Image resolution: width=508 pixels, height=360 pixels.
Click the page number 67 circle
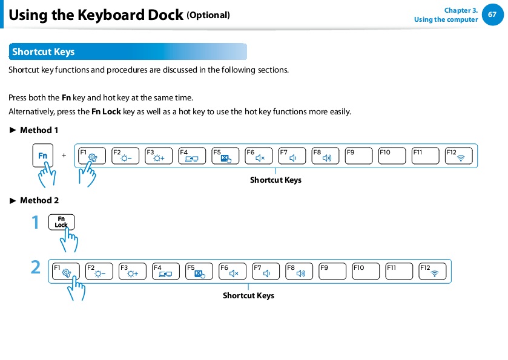point(492,15)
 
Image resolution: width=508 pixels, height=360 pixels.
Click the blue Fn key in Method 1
point(43,155)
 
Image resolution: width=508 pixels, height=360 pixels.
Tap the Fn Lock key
point(61,222)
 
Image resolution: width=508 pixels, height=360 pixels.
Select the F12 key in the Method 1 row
point(458,155)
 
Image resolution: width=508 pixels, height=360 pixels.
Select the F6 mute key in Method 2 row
point(233,271)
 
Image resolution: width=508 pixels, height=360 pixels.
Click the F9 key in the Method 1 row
point(358,155)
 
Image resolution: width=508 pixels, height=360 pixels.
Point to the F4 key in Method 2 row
point(165,271)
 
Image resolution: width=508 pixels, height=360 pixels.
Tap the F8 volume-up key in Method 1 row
point(325,155)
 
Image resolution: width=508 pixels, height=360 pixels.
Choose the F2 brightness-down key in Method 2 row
point(99,271)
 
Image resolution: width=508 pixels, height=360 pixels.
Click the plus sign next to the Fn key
point(64,155)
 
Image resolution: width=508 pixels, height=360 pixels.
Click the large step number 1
point(35,223)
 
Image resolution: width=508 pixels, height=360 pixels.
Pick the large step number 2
point(36,267)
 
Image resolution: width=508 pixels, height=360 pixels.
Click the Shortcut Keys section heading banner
point(128,51)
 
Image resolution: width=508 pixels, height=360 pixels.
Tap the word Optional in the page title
point(208,15)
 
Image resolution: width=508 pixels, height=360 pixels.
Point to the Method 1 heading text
point(39,130)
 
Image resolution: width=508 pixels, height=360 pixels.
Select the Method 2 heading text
point(39,200)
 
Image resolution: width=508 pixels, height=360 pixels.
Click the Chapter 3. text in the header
point(461,10)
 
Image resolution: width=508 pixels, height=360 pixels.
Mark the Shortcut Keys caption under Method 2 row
point(248,296)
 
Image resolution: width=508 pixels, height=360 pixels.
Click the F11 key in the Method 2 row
point(399,271)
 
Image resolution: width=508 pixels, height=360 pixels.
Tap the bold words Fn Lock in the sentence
point(107,112)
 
